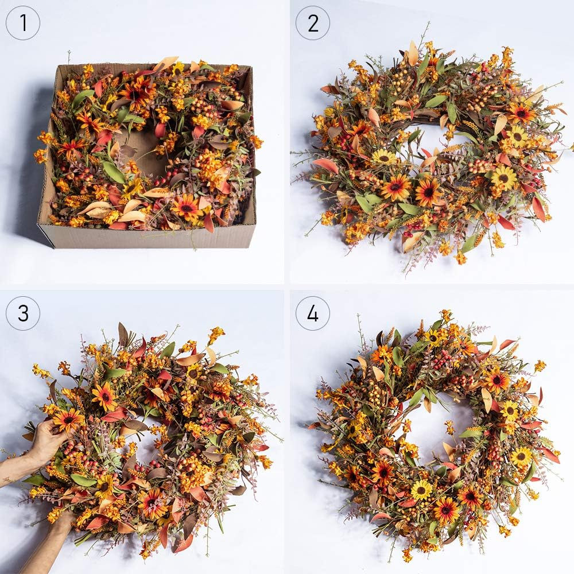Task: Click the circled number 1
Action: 23,23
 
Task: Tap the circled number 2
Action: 313,23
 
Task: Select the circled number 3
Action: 23,313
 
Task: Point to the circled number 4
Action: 313,313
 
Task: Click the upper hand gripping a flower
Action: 48,439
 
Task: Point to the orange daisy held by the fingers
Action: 68,420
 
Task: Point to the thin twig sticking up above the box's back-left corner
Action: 68,57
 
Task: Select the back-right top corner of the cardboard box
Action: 251,66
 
